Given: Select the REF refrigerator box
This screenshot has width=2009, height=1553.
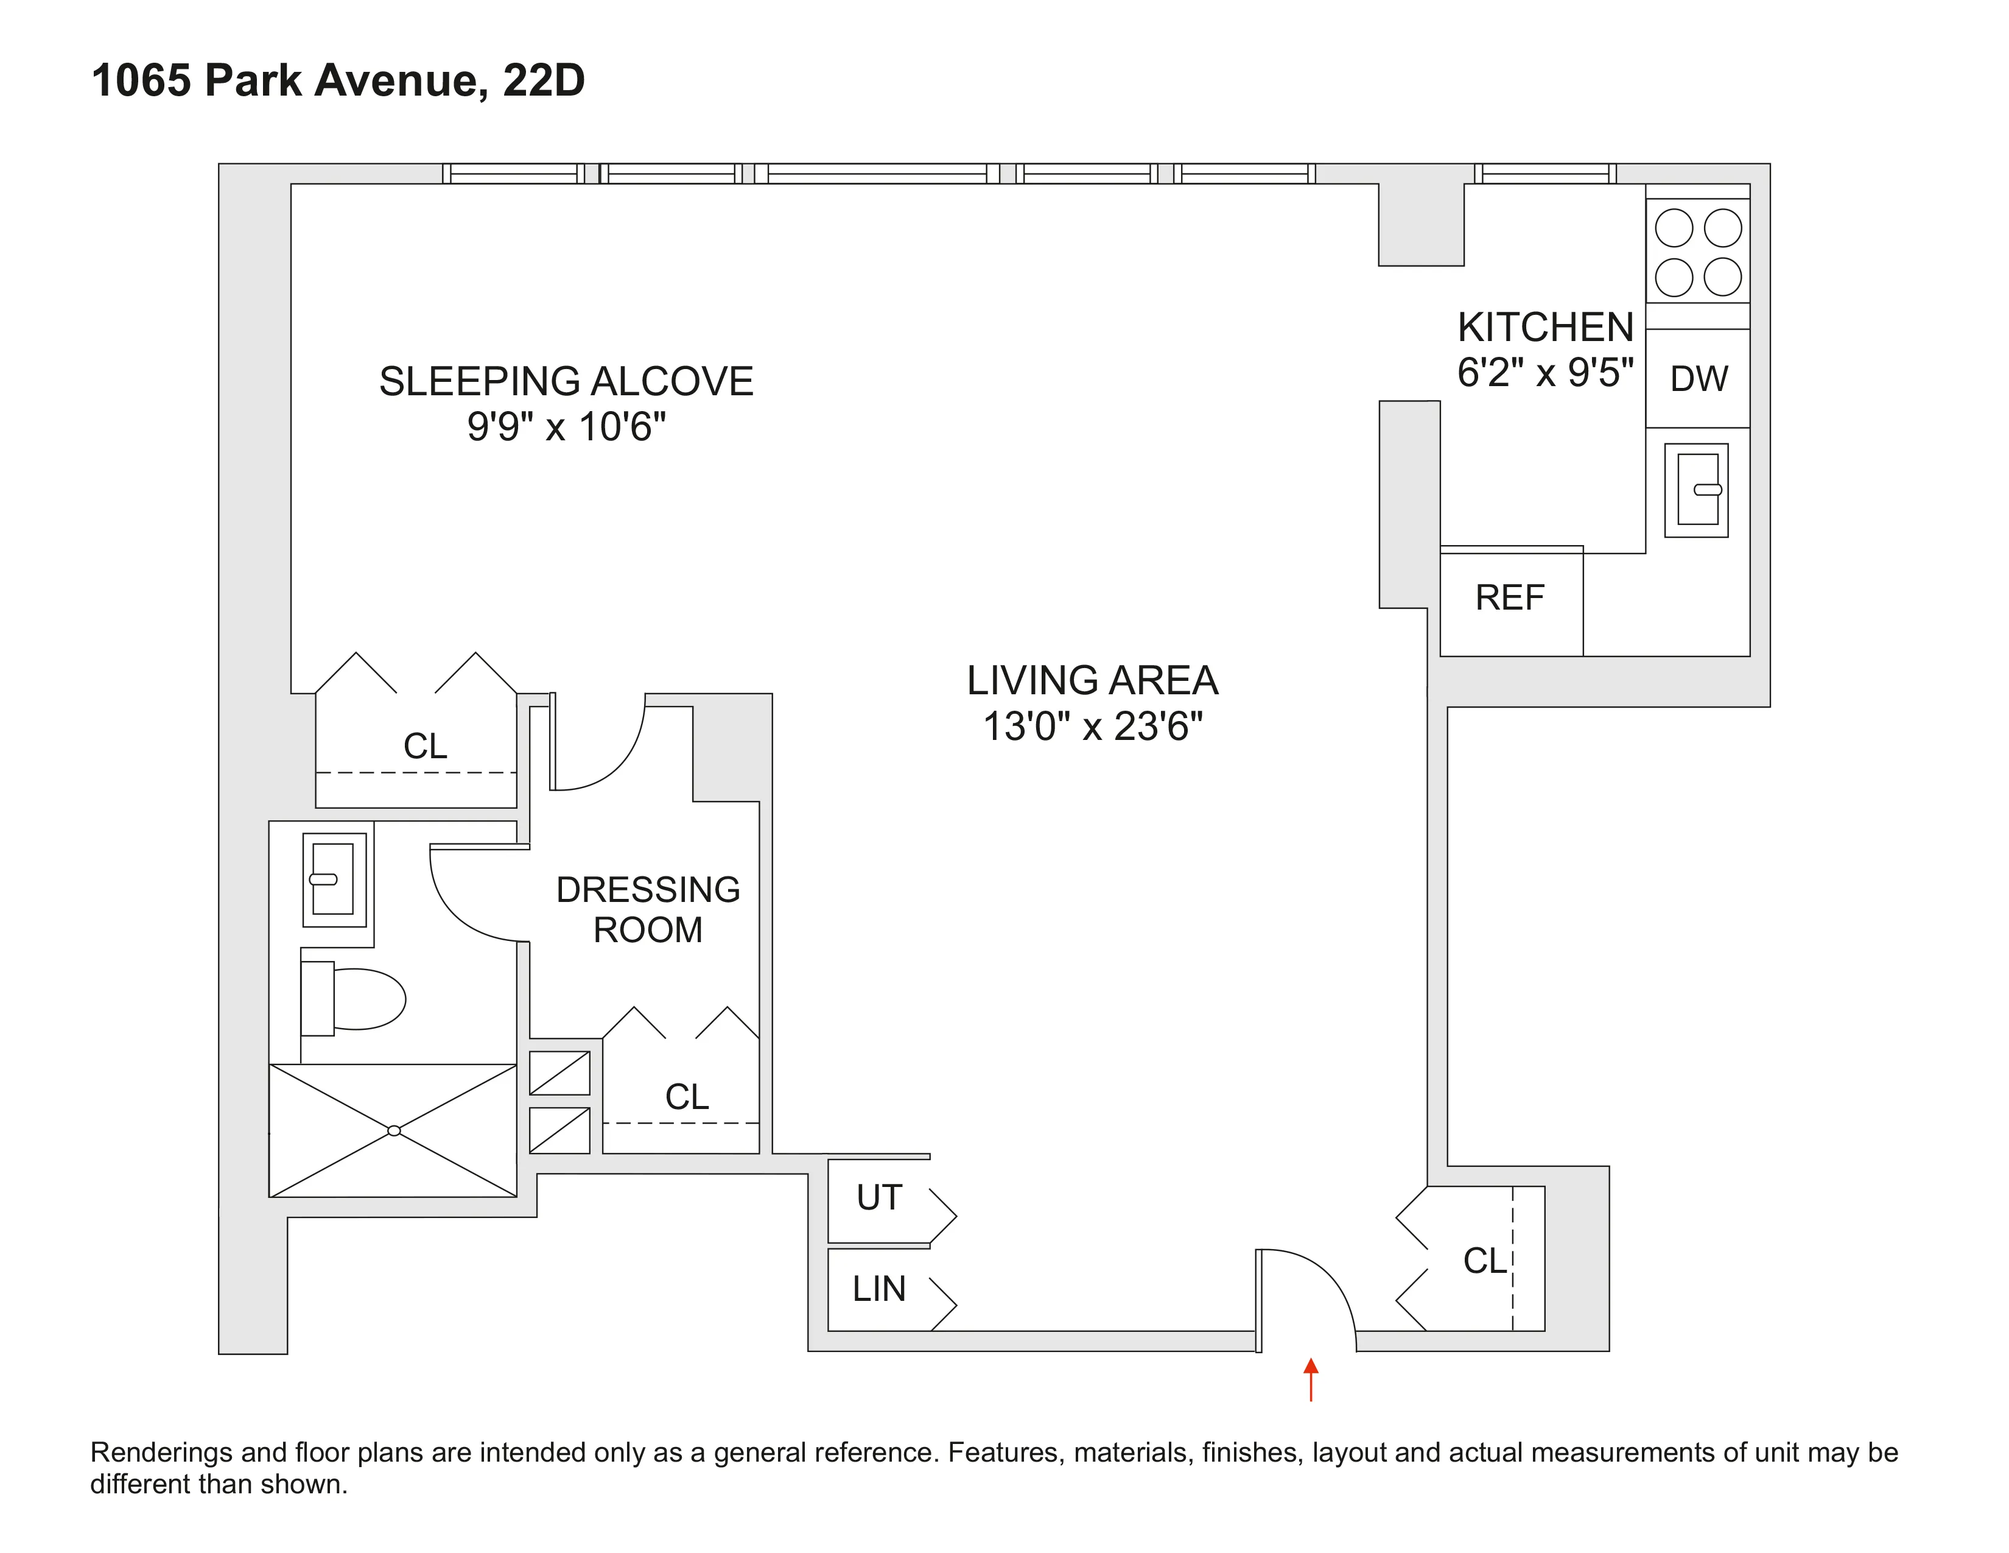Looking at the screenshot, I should [x=1510, y=599].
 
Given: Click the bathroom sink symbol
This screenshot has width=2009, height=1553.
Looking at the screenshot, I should [x=334, y=879].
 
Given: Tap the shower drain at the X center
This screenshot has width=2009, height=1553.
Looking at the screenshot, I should [x=394, y=1131].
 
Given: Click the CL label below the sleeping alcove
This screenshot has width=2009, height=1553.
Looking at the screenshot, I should [x=425, y=746].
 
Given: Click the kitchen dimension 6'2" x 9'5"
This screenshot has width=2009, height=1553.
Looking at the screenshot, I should [x=1544, y=373].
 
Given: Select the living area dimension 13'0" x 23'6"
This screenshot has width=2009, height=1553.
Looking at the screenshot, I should [x=1092, y=727].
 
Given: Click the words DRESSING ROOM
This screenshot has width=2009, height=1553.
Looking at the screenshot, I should [x=648, y=910].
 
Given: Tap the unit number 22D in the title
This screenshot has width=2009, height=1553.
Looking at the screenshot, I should [x=544, y=80].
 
